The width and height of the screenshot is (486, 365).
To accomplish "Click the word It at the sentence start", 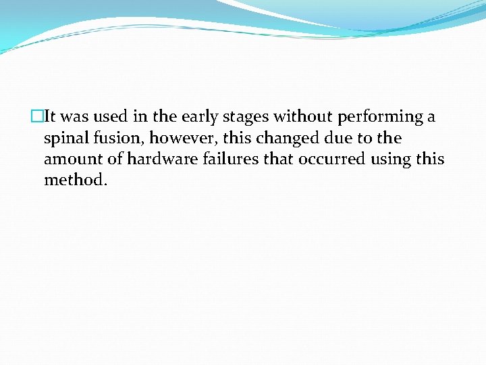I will tap(48, 117).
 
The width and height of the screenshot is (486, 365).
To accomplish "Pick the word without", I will tap(302, 117).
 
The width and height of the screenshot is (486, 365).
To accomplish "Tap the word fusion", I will tap(117, 139).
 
